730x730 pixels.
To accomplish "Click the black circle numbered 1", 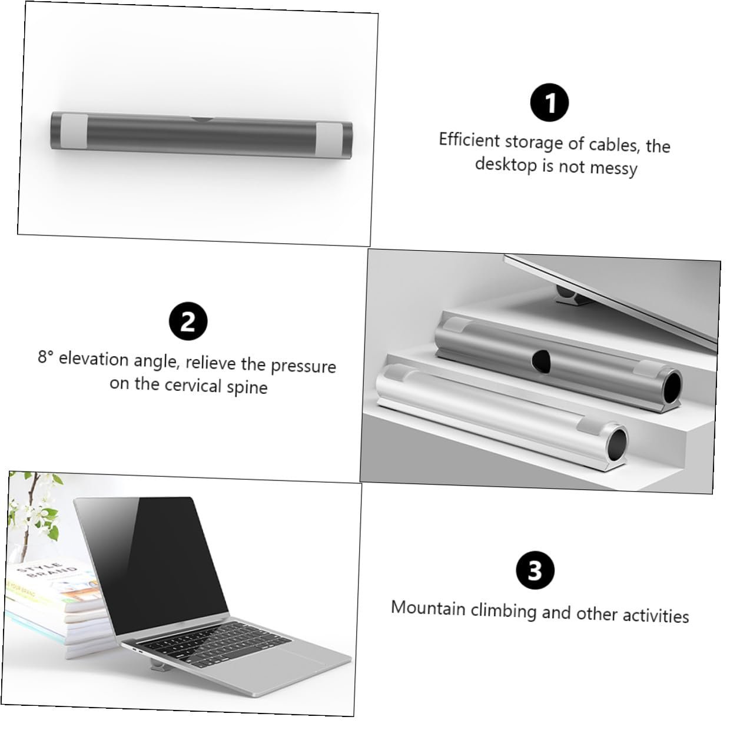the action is (549, 102).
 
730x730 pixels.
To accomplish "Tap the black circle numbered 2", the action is (188, 321).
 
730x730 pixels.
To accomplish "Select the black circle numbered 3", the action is (535, 570).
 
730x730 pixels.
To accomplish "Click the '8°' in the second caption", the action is (46, 357).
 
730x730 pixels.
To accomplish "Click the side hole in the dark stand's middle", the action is (541, 360).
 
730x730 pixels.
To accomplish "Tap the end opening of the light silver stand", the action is (618, 444).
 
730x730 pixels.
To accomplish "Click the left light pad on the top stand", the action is (74, 131).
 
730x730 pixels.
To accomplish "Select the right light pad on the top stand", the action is (329, 139).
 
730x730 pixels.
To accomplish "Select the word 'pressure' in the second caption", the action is (303, 366).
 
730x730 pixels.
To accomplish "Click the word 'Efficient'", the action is (469, 140).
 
